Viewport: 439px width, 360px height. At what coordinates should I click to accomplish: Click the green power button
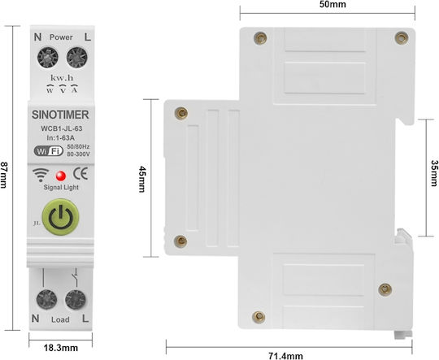click(x=60, y=217)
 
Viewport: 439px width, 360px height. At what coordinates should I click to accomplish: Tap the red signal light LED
click(x=61, y=176)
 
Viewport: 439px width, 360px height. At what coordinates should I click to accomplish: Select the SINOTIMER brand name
click(x=60, y=115)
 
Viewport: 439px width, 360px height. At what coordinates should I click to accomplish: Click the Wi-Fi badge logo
click(x=49, y=151)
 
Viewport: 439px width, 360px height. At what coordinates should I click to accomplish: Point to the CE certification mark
click(x=80, y=174)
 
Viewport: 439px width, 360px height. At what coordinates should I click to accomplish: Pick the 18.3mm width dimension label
click(x=61, y=348)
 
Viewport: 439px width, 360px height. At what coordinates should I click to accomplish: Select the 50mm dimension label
click(x=333, y=5)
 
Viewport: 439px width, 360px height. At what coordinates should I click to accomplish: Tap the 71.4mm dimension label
click(x=285, y=356)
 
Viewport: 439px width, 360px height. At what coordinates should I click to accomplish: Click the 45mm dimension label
click(x=142, y=179)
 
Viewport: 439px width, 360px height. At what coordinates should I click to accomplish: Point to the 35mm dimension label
click(x=434, y=173)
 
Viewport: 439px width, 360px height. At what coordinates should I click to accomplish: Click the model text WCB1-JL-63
click(x=62, y=128)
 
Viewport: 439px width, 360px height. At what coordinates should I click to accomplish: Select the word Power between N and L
click(x=61, y=37)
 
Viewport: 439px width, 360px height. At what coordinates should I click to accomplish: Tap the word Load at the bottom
click(x=60, y=319)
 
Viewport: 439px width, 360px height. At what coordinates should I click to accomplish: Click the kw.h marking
click(x=62, y=78)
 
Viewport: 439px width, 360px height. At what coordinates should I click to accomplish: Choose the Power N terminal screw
click(x=48, y=58)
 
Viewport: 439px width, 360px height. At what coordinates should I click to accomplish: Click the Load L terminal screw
click(x=76, y=300)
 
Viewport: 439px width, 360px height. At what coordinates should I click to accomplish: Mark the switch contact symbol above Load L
click(x=76, y=277)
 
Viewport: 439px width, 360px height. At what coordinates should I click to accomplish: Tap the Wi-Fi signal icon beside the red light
click(x=41, y=175)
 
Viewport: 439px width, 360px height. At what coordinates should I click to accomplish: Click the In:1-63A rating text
click(x=60, y=137)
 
